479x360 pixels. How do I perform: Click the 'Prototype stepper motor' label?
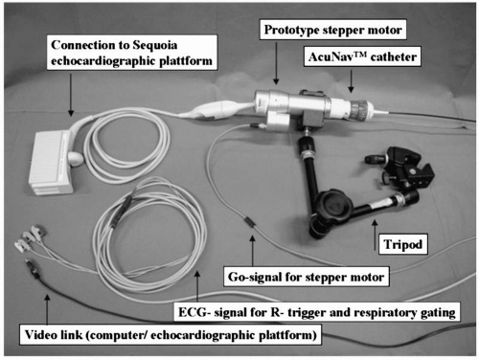332,30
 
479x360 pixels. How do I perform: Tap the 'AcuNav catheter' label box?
362,56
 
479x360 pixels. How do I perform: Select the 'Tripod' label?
403,244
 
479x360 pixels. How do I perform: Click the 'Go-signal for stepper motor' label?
306,277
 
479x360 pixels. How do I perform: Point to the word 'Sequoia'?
154,45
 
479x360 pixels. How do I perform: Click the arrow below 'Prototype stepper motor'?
276,63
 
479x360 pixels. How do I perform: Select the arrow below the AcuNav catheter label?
351,81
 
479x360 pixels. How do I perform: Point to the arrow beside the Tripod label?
375,235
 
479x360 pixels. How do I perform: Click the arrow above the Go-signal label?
253,251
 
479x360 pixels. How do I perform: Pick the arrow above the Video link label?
47,309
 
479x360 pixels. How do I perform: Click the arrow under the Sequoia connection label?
71,95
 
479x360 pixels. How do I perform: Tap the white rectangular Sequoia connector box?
51,163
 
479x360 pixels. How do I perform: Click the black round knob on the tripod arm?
332,204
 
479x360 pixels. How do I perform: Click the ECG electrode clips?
29,238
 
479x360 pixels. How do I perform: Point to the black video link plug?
33,268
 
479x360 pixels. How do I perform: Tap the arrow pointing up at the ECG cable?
197,286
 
